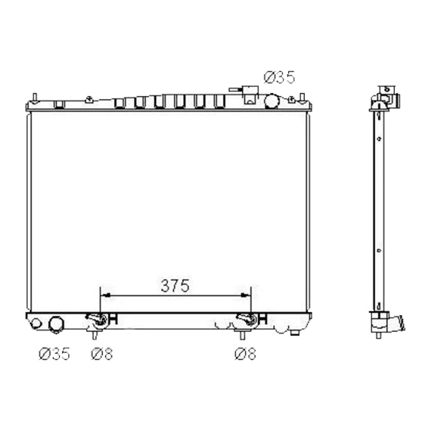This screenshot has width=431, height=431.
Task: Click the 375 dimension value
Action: point(174,286)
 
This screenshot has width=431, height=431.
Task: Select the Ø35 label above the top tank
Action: point(279,78)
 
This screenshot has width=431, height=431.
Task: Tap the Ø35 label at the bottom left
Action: point(53,354)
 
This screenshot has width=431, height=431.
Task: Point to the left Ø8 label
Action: point(101,354)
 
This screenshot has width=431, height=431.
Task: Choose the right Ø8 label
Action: point(245,354)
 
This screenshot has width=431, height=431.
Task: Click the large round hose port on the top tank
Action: point(272,100)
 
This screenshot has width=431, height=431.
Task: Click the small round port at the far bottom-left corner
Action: point(36,323)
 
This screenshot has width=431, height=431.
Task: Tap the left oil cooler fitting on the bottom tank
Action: point(97,319)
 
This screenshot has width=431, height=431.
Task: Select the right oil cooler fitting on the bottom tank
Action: point(246,319)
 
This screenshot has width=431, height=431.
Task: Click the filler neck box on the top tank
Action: point(250,97)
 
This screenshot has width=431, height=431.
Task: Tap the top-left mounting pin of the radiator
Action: point(35,98)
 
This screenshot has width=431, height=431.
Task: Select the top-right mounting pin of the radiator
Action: point(303,98)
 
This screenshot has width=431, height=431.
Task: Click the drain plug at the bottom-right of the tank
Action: point(295,331)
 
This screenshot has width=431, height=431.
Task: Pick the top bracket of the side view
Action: point(385,97)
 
